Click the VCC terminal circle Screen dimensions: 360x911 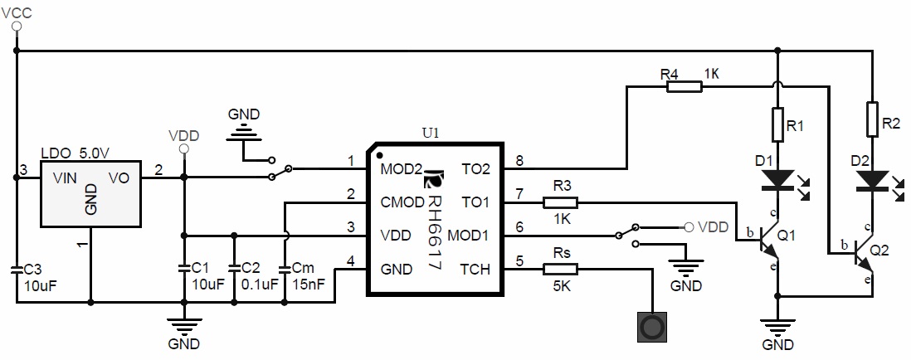point(16,27)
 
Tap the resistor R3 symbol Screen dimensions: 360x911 point(561,202)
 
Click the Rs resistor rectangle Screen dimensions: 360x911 point(561,269)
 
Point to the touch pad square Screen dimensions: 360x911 point(652,327)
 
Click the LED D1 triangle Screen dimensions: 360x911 point(777,178)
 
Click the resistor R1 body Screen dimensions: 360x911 point(777,125)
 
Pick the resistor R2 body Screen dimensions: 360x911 point(871,118)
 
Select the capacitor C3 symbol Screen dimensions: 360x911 point(16,270)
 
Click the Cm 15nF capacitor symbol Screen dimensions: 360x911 point(285,269)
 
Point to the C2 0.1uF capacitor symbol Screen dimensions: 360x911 point(234,269)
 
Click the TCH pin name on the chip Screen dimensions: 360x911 point(475,270)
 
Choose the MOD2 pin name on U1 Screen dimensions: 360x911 point(400,169)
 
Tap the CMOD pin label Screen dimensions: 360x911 point(401,202)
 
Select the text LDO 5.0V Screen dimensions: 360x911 point(76,154)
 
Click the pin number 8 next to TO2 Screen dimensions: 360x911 point(519,161)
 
